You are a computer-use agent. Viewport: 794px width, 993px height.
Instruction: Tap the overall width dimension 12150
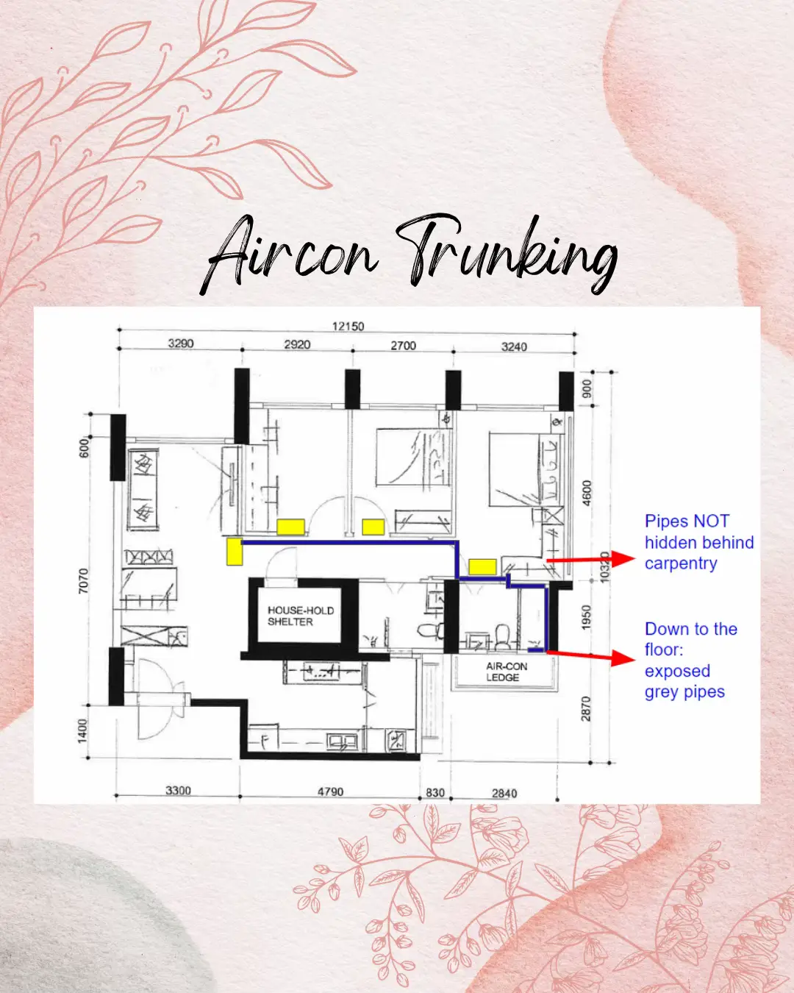coord(348,326)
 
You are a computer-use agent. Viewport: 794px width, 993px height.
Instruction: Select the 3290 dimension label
coord(181,344)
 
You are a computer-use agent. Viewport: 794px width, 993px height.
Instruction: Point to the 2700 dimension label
coord(403,346)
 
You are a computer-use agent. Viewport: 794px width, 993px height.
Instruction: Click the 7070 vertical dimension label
coord(83,581)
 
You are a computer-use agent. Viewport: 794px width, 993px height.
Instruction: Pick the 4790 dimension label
coord(330,791)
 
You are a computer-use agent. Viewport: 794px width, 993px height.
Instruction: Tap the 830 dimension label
coord(435,793)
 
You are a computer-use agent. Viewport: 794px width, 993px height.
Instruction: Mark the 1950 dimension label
coord(586,617)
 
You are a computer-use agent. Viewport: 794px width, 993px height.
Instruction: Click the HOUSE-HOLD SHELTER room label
coord(300,616)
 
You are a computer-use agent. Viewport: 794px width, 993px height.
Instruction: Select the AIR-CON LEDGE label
coord(506,672)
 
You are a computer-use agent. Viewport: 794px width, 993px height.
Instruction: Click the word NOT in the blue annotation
coord(711,522)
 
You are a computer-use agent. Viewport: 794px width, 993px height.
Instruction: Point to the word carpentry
coord(681,563)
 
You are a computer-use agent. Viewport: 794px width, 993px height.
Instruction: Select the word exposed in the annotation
coord(677,671)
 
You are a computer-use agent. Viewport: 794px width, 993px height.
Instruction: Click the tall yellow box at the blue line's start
coord(235,552)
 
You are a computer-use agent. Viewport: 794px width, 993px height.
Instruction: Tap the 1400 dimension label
coord(83,730)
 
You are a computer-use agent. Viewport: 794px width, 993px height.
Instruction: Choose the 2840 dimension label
coord(504,793)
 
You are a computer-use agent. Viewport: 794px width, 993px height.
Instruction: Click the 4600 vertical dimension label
coord(587,493)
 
